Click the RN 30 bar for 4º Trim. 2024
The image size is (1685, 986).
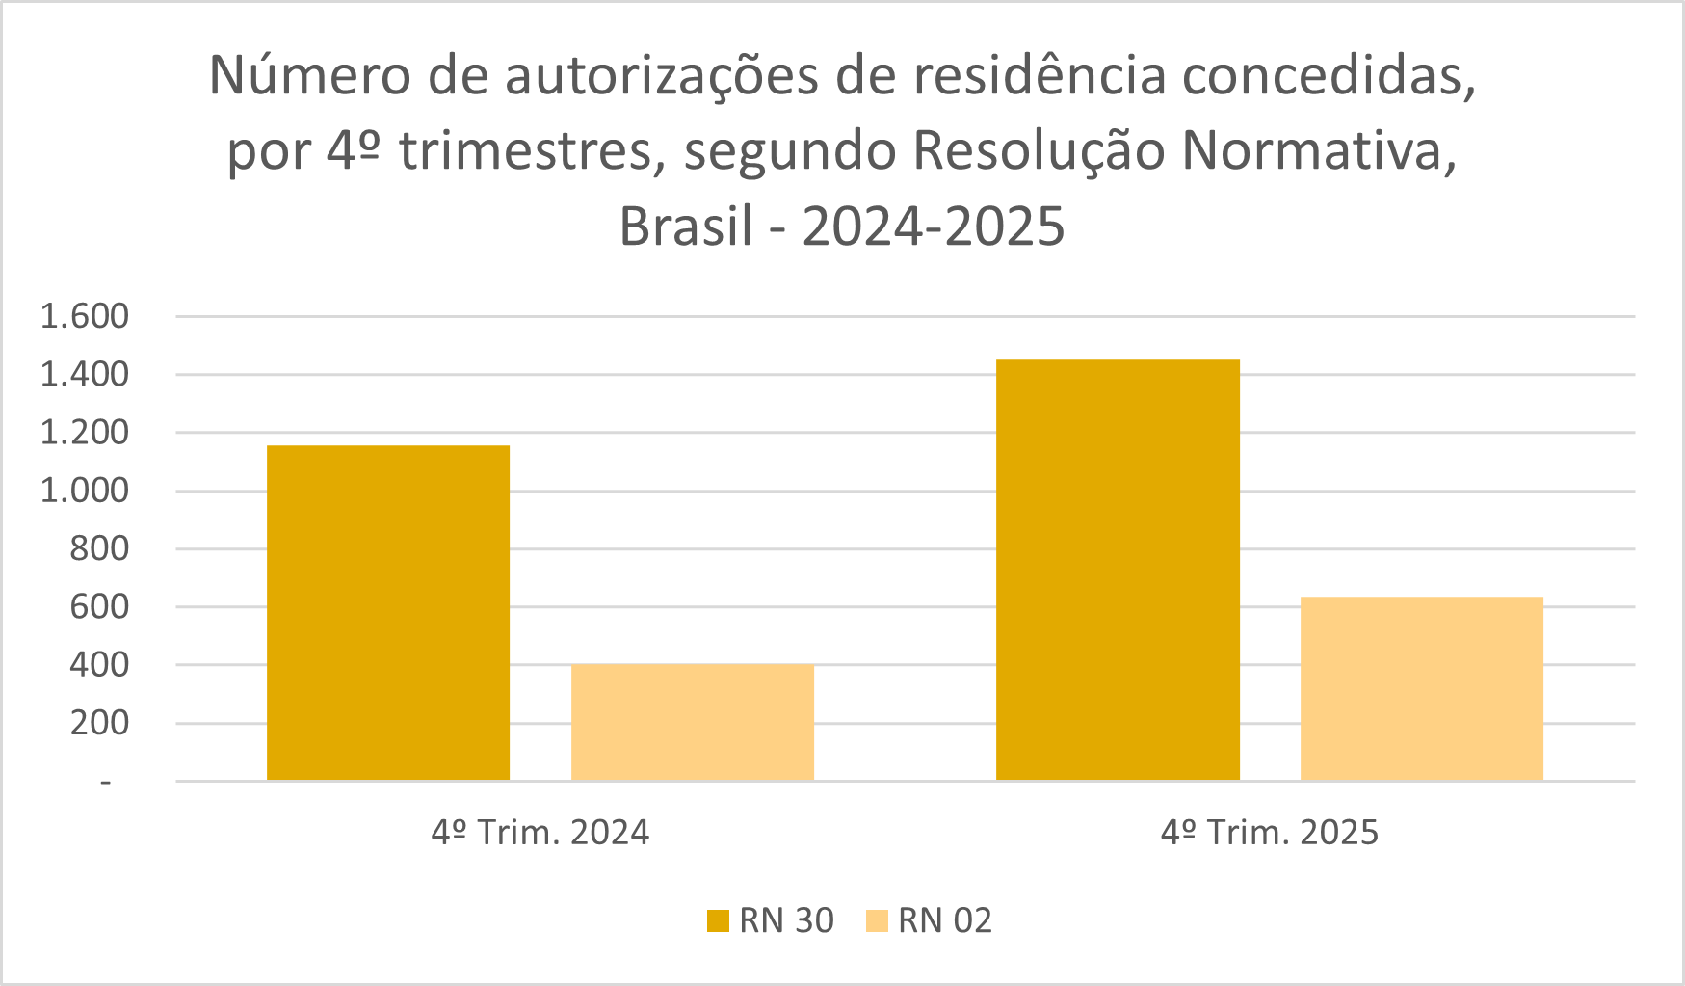pyautogui.click(x=387, y=612)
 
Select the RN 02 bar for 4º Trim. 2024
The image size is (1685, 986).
pyautogui.click(x=692, y=722)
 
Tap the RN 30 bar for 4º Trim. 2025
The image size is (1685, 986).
pyautogui.click(x=1118, y=569)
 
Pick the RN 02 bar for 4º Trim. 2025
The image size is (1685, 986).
pyautogui.click(x=1421, y=688)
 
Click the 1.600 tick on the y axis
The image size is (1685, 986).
pyautogui.click(x=84, y=316)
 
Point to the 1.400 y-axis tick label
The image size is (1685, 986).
pyautogui.click(x=84, y=374)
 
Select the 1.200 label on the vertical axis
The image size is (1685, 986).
pyautogui.click(x=84, y=433)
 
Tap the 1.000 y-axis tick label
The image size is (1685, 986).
pyautogui.click(x=84, y=491)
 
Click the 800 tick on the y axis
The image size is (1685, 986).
pyautogui.click(x=98, y=548)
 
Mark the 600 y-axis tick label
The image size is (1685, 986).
pyautogui.click(x=98, y=607)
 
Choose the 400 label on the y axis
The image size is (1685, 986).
pyautogui.click(x=98, y=665)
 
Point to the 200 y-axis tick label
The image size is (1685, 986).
pyautogui.click(x=98, y=723)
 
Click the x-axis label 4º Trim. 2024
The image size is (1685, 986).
pyautogui.click(x=540, y=833)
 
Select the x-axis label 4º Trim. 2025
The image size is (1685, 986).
pyautogui.click(x=1270, y=833)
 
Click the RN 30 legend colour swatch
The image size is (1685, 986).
pyautogui.click(x=718, y=921)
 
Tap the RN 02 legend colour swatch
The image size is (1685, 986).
pyautogui.click(x=877, y=921)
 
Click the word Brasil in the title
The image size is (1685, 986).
pyautogui.click(x=685, y=227)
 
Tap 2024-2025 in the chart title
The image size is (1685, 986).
pyautogui.click(x=934, y=227)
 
